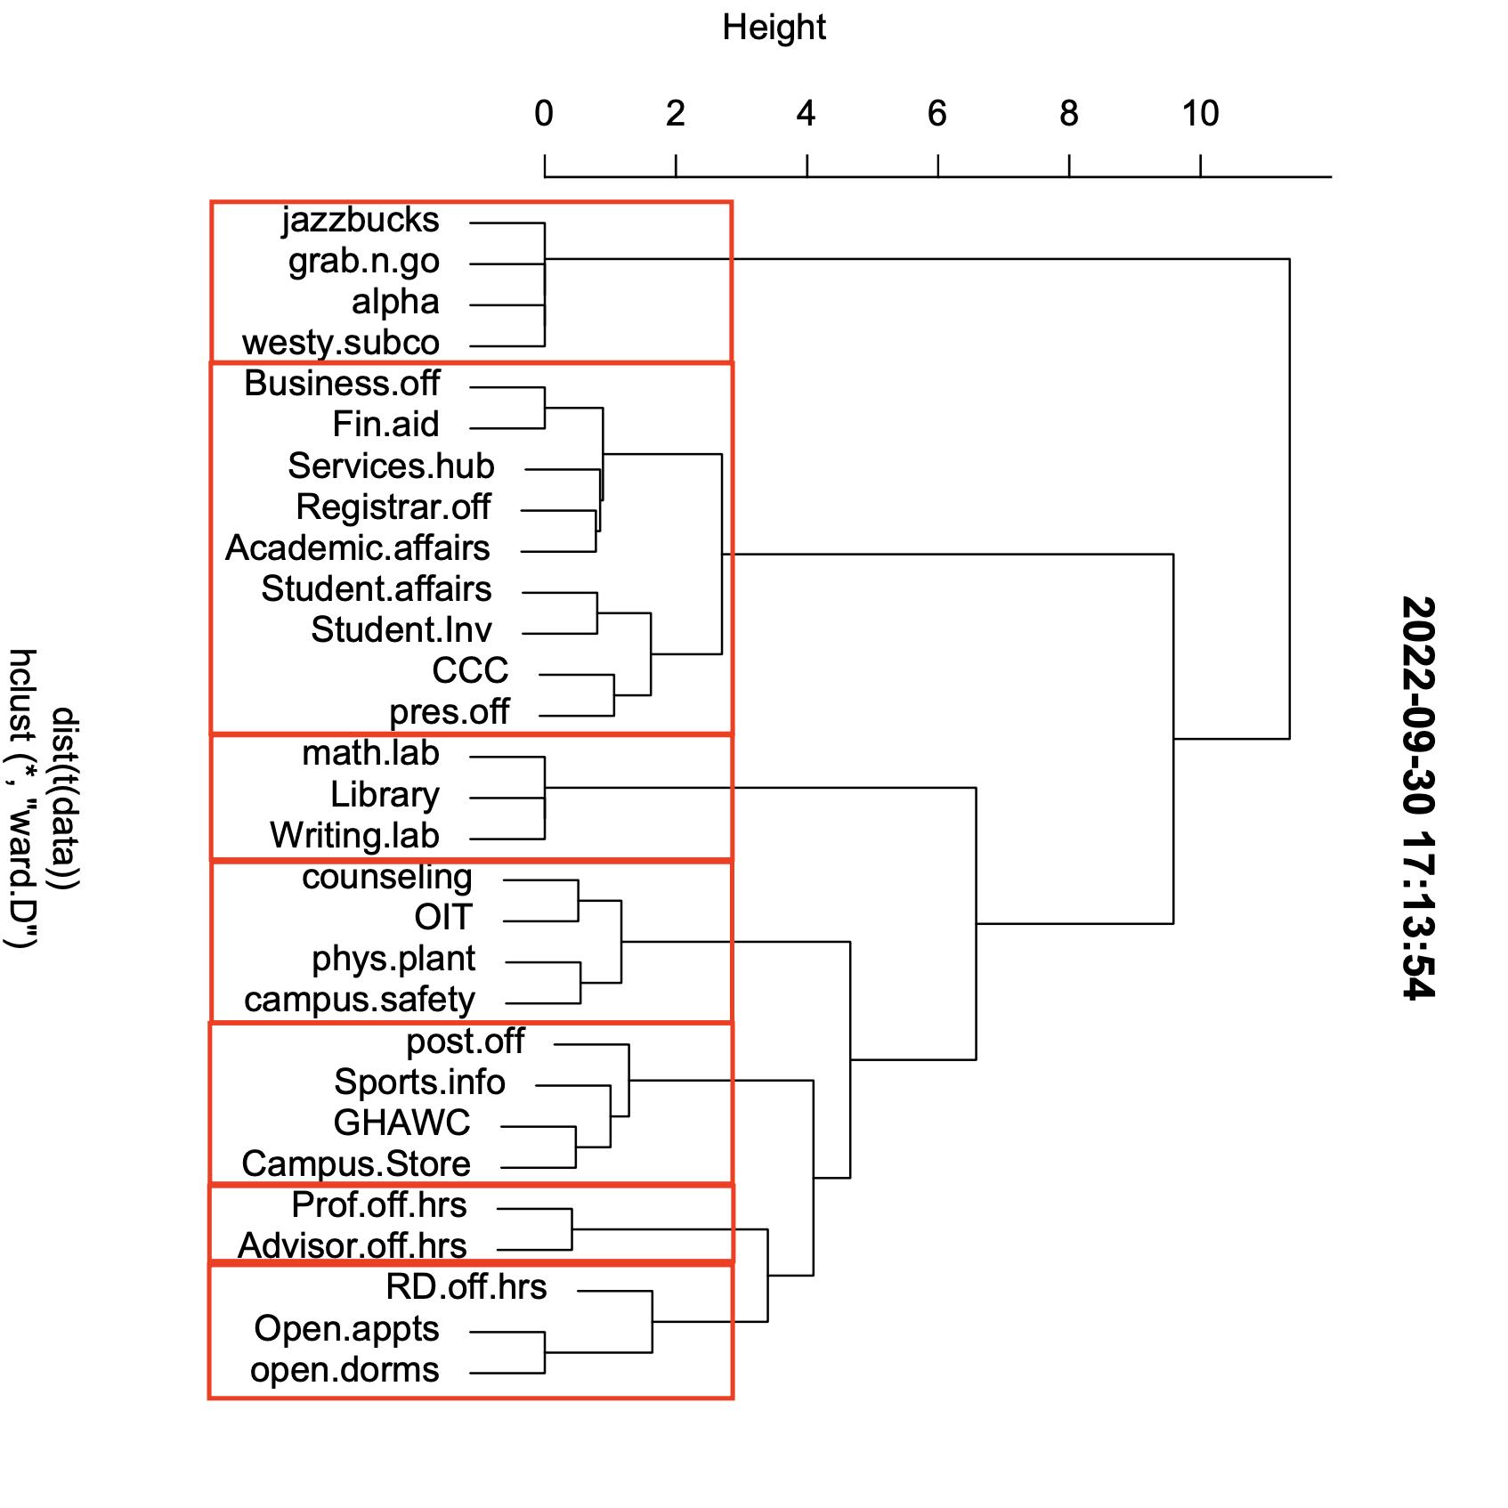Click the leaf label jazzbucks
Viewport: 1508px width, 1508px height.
tap(361, 221)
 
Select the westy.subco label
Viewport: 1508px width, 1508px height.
tap(341, 343)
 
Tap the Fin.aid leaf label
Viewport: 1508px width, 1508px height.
tap(385, 425)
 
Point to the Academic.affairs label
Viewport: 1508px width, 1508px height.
tap(358, 548)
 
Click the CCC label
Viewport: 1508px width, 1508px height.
tap(470, 671)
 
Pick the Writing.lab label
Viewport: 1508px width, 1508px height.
tap(354, 836)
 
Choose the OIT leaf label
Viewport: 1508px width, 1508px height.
tap(443, 918)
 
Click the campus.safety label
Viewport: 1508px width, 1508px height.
tap(360, 1000)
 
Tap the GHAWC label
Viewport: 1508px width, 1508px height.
tap(401, 1123)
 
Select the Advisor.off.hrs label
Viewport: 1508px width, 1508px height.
tap(353, 1246)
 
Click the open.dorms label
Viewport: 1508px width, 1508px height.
tap(345, 1370)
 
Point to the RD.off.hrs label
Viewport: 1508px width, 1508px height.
tap(466, 1287)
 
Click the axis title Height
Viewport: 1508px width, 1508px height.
tap(774, 28)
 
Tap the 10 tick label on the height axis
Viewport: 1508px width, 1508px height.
tap(1200, 114)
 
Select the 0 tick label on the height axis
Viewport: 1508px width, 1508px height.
tap(544, 114)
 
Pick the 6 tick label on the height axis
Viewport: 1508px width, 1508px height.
tap(937, 114)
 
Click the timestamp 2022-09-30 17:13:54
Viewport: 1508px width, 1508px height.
tap(1417, 798)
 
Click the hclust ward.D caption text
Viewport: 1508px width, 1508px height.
tap(23, 798)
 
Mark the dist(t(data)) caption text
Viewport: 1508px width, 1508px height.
tap(66, 798)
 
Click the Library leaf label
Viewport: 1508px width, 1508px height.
tap(385, 795)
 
